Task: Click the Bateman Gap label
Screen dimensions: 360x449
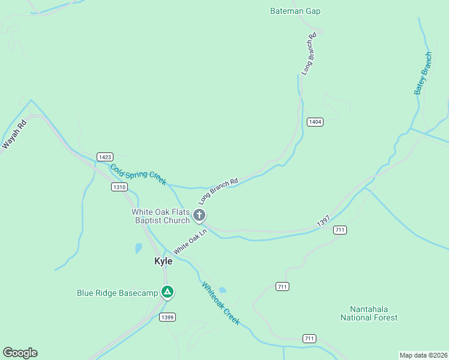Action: pos(295,11)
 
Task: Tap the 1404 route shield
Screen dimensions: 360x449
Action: pos(315,122)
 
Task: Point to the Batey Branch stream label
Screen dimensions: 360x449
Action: pos(423,74)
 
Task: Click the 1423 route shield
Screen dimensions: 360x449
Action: pos(104,157)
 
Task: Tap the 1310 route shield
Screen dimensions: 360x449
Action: pos(119,187)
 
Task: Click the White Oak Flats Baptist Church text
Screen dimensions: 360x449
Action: pos(161,216)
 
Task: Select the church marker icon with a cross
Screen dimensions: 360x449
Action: pos(200,215)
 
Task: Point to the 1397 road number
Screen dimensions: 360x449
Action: pos(324,222)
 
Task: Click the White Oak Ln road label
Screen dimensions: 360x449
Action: pos(190,240)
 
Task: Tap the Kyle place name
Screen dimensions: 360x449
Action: pos(163,261)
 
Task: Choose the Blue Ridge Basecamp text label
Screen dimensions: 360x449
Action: pos(117,293)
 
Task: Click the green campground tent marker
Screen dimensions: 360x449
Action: pos(167,292)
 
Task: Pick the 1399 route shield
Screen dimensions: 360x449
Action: pos(167,316)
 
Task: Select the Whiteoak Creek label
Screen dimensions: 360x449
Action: pos(221,304)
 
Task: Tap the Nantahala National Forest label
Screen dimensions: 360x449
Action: pos(369,313)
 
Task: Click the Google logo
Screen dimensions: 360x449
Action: pos(20,353)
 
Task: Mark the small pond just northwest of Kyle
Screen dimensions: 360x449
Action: pos(139,248)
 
